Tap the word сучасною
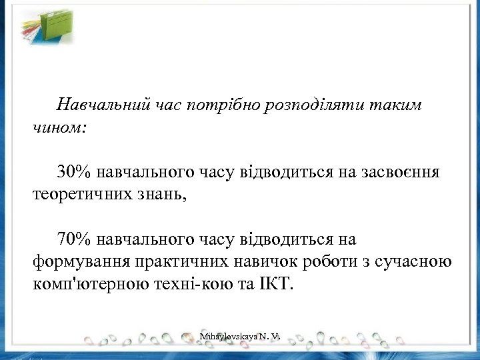(x=415, y=261)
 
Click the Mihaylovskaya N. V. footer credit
(x=238, y=339)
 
